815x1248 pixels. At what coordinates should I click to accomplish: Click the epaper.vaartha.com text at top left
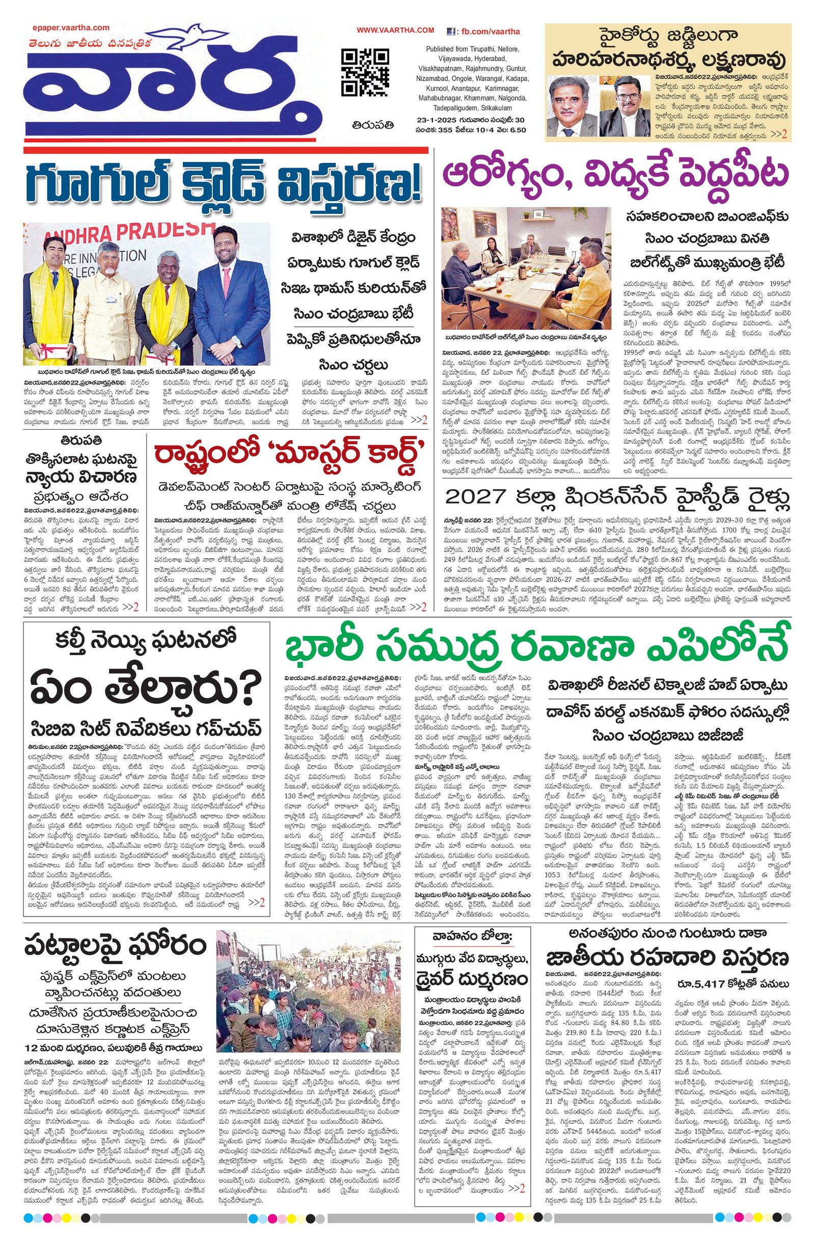point(77,28)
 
